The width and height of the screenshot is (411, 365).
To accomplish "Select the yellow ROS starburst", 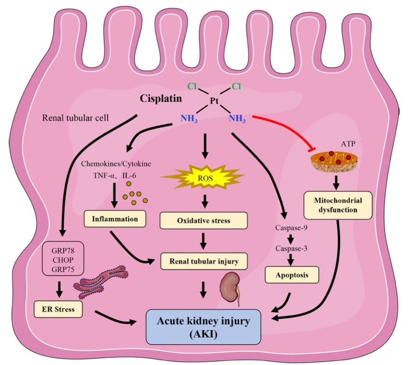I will tap(203, 178).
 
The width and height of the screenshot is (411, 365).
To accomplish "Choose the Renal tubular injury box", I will tap(203, 260).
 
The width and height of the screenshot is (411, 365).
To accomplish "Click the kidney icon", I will tap(231, 287).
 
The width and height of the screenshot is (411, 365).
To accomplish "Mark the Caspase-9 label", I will tap(290, 228).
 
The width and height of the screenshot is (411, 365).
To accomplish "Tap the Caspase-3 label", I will tap(290, 247).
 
